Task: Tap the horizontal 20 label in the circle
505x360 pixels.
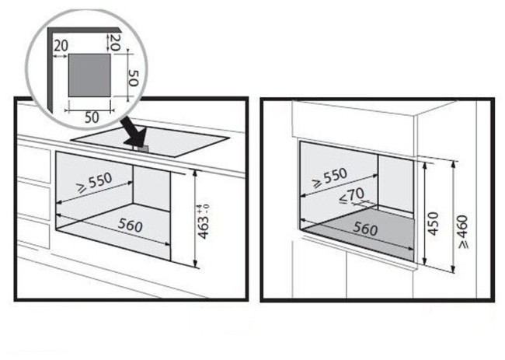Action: coord(61,47)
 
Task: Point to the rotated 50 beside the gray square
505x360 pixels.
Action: coord(132,77)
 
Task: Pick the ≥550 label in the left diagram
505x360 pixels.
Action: coord(94,183)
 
